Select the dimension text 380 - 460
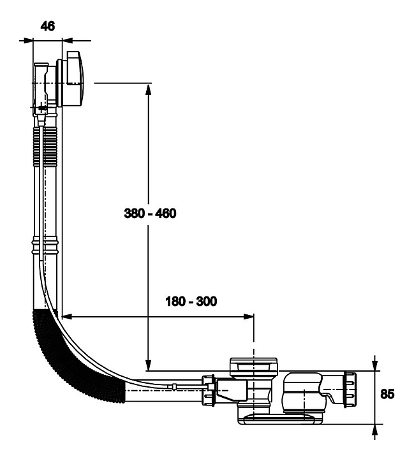(149, 213)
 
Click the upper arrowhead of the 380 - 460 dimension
(148, 90)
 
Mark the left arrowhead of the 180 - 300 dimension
(69, 315)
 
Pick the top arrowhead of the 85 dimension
(374, 364)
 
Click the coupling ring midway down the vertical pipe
(46, 246)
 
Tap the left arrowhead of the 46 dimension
(27, 40)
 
